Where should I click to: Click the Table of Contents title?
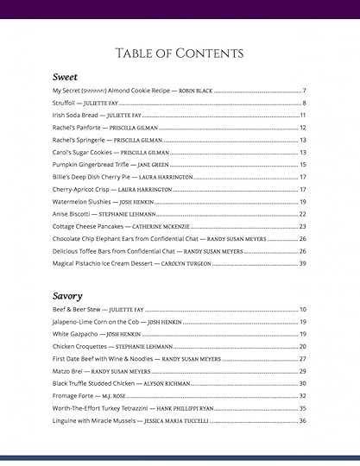180,54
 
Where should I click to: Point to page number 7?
305,91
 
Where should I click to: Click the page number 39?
303,263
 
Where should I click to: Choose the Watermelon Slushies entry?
80,201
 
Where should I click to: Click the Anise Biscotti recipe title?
72,214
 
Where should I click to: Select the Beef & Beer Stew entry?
73,309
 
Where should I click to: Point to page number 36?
303,420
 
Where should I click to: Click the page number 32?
303,396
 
